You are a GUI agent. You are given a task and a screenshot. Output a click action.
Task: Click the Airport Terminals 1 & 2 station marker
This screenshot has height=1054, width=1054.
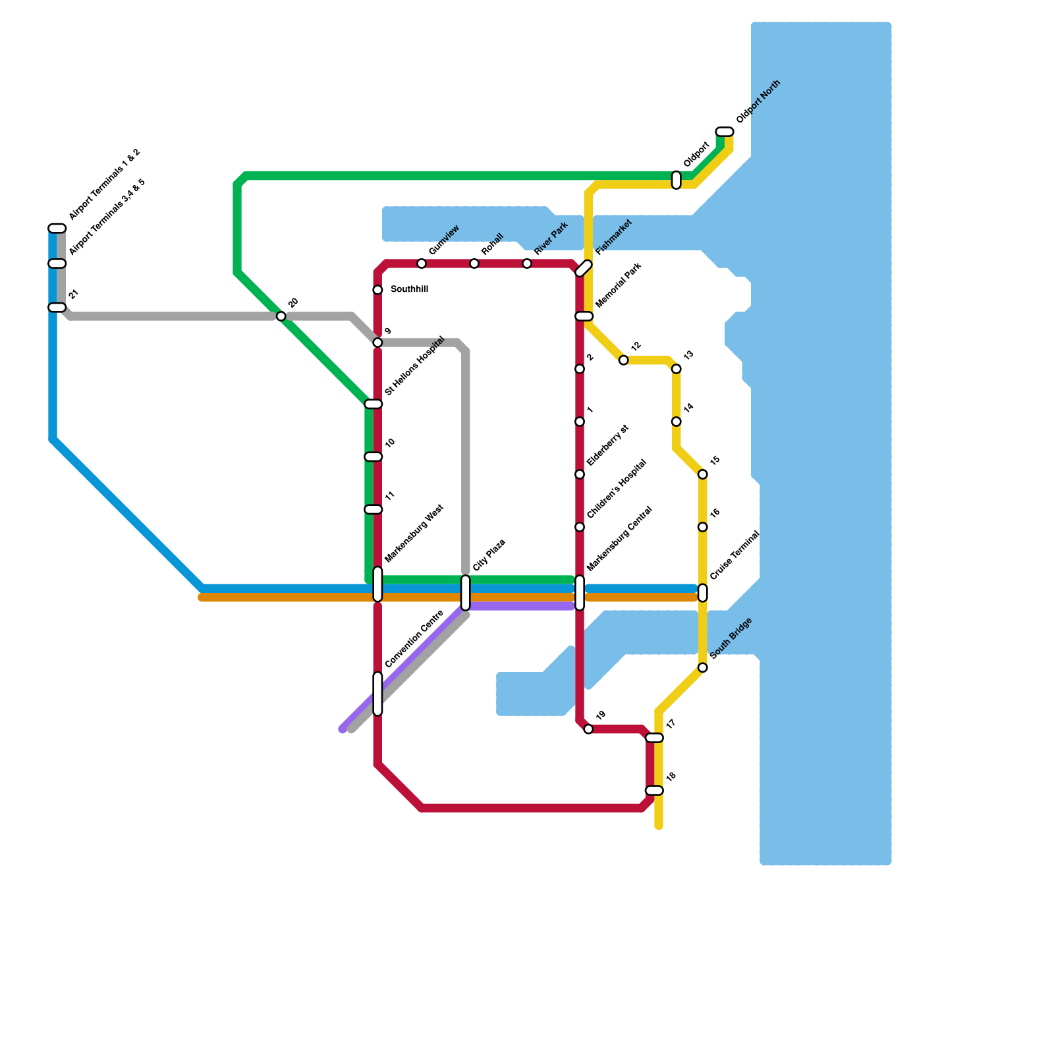click(57, 229)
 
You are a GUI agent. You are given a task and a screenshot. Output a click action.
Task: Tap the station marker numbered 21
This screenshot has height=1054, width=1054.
click(57, 308)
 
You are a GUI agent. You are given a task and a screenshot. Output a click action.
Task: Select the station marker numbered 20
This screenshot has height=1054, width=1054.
click(281, 316)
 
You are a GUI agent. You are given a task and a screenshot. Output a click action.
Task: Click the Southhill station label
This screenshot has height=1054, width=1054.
click(409, 289)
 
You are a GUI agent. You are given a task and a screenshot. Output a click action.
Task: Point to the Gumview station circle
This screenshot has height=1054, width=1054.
click(422, 263)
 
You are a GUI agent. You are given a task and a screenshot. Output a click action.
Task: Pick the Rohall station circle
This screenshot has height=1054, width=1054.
click(474, 263)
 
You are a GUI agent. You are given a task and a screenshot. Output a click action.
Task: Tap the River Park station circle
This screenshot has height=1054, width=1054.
click(527, 263)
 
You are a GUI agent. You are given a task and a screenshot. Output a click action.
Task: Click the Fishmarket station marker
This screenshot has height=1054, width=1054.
click(584, 269)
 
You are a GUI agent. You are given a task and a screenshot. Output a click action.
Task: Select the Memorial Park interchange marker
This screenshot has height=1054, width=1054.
click(584, 316)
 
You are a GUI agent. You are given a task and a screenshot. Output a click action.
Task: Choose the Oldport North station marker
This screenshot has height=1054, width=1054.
click(725, 132)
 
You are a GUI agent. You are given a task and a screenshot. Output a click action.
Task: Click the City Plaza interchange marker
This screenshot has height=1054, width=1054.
click(466, 593)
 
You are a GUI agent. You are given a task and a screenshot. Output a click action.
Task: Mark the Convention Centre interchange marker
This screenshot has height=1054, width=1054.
click(377, 694)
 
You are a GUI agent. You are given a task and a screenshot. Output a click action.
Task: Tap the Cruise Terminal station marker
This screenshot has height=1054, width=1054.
click(703, 593)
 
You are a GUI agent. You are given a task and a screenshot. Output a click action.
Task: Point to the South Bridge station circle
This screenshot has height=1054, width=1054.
click(703, 668)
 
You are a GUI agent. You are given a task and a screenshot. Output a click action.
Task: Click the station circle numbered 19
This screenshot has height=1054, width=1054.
click(588, 729)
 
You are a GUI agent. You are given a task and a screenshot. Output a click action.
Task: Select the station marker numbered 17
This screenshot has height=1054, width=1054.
click(654, 738)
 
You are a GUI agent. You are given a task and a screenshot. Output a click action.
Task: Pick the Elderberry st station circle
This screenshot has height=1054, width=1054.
click(580, 474)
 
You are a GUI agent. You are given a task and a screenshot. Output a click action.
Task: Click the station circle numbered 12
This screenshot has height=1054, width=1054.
click(623, 360)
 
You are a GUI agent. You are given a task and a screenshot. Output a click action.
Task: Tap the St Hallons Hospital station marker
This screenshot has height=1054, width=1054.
click(374, 404)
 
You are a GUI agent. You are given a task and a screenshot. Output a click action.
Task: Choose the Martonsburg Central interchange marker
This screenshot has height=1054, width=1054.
click(580, 593)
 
